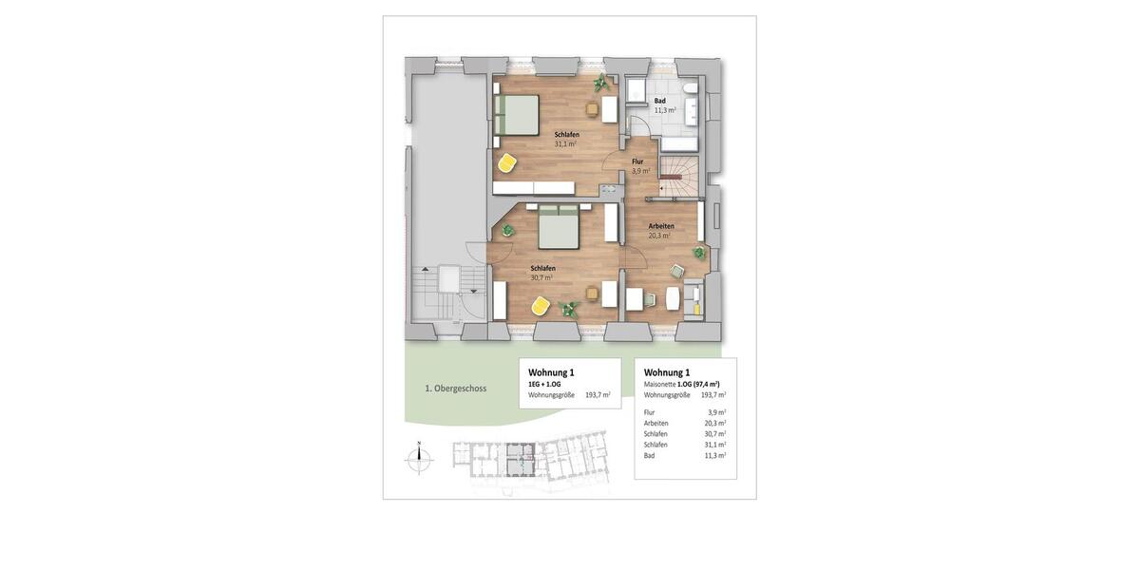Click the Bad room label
(x=659, y=100)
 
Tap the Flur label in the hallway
(x=637, y=161)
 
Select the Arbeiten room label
(x=661, y=226)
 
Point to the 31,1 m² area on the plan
(x=566, y=144)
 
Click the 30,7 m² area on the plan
(x=541, y=277)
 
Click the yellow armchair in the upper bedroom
(x=507, y=163)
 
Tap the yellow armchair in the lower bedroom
(x=540, y=306)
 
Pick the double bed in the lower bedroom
(x=559, y=227)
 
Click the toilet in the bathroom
(x=691, y=90)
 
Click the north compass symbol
(x=419, y=459)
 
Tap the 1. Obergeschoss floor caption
(x=456, y=388)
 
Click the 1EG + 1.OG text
(x=544, y=384)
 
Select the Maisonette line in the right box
(x=684, y=384)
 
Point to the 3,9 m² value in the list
(x=716, y=412)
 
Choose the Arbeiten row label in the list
(x=655, y=424)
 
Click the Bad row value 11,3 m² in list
(x=716, y=456)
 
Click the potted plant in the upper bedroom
(x=600, y=84)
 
